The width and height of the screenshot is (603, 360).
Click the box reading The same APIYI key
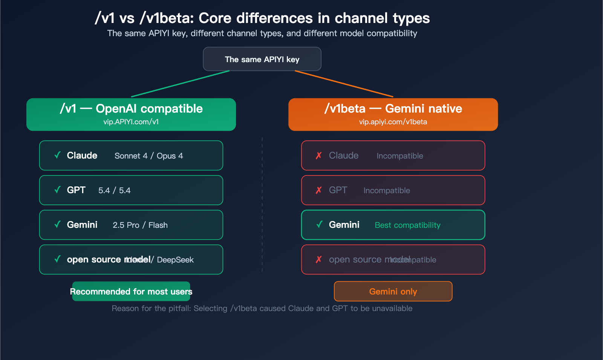[262, 59]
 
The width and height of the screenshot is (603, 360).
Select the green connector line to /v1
[180, 84]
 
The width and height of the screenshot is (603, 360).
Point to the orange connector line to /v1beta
[344, 84]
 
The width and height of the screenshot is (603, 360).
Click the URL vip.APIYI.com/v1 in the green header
[131, 122]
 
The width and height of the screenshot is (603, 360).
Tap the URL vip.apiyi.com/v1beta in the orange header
[393, 122]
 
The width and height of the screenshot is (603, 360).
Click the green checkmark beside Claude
[57, 155]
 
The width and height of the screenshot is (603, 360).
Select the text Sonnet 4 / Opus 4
[148, 156]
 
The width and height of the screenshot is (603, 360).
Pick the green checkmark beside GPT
[57, 190]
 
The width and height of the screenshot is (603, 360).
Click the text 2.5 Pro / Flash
[140, 225]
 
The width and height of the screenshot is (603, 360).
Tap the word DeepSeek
[175, 260]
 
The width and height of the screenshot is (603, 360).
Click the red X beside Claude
[319, 156]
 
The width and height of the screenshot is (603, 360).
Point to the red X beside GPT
[319, 190]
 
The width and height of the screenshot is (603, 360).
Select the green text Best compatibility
[407, 225]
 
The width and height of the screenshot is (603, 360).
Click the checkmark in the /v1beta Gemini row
[319, 224]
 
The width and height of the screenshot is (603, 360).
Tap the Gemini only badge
[393, 291]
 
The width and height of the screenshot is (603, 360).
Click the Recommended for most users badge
[131, 291]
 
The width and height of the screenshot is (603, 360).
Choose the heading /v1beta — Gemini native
[393, 109]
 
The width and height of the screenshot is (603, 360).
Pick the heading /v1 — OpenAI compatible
[131, 109]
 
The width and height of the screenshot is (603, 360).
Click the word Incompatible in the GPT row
[387, 191]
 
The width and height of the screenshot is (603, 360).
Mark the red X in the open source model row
[319, 259]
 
